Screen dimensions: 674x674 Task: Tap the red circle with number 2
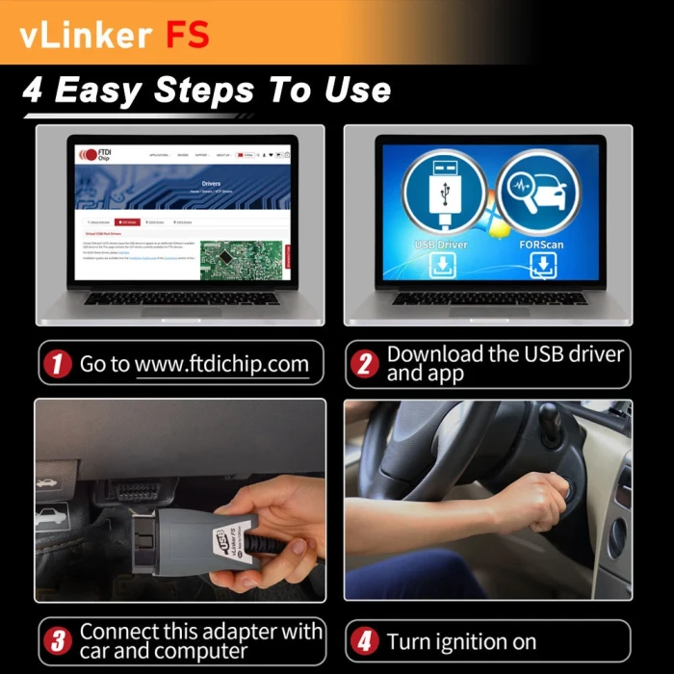click(x=366, y=365)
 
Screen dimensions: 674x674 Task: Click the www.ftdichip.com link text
click(x=221, y=364)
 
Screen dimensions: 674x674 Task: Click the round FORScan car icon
click(x=538, y=189)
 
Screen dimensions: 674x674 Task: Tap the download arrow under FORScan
click(x=538, y=267)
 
